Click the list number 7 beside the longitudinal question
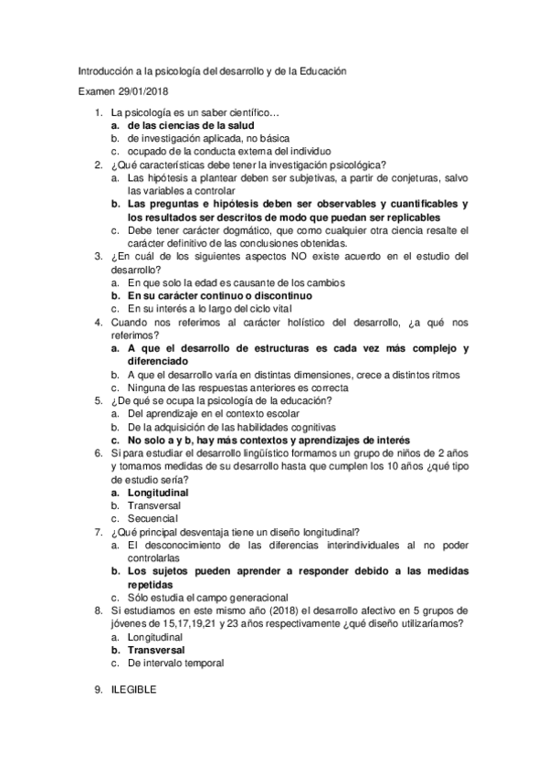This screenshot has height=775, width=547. click(99, 532)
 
